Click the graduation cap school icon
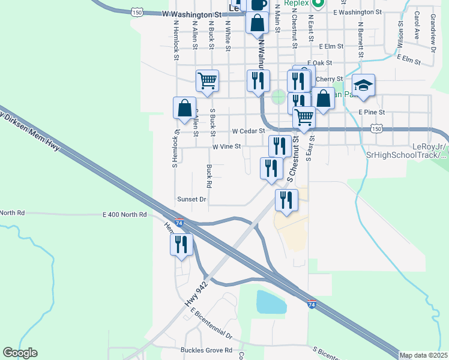[x=363, y=85]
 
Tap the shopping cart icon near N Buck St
[x=207, y=80]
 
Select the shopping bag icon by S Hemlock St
[x=184, y=108]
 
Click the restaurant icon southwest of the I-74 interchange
[x=181, y=245]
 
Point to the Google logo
[x=20, y=353]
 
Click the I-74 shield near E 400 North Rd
[x=179, y=223]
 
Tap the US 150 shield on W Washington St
[x=137, y=12]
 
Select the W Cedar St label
[x=249, y=131]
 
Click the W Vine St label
[x=226, y=146]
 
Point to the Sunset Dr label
[x=191, y=199]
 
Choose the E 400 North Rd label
[x=124, y=214]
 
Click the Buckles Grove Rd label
[x=206, y=350]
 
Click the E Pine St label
[x=371, y=112]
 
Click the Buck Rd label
[x=209, y=175]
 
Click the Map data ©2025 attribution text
[x=423, y=355]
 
